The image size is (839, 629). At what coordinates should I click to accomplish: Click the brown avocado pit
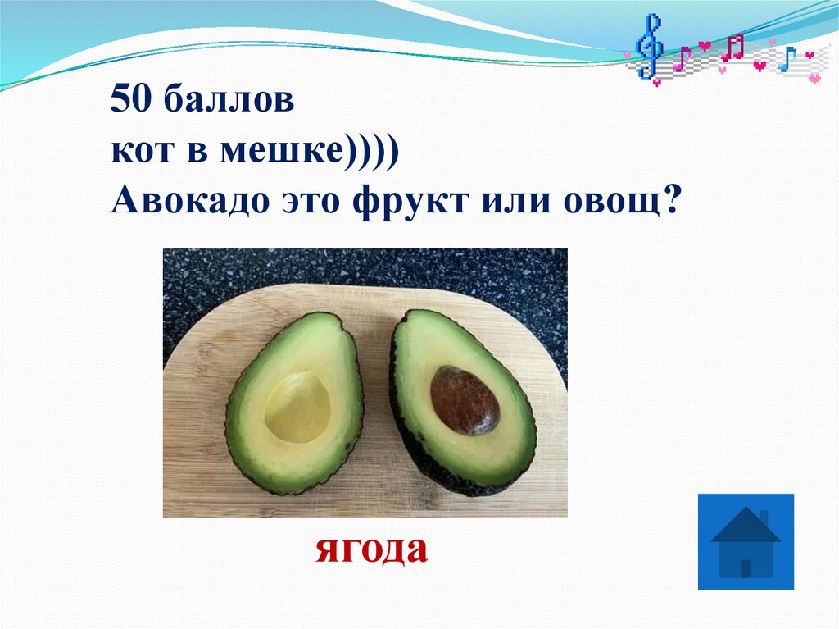(464, 400)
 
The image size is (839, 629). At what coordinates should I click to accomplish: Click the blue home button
(746, 541)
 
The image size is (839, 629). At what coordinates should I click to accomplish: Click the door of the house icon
(746, 567)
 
